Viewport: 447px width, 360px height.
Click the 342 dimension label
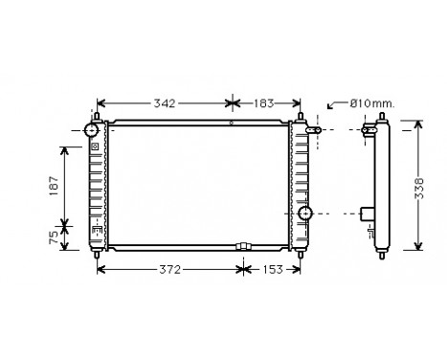pyautogui.click(x=165, y=102)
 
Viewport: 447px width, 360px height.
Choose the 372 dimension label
pyautogui.click(x=169, y=270)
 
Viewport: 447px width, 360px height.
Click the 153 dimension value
pyautogui.click(x=274, y=270)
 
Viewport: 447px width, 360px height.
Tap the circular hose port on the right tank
pyautogui.click(x=306, y=213)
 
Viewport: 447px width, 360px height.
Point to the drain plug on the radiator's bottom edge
pyautogui.click(x=241, y=247)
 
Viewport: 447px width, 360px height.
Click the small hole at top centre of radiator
pyautogui.click(x=231, y=124)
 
